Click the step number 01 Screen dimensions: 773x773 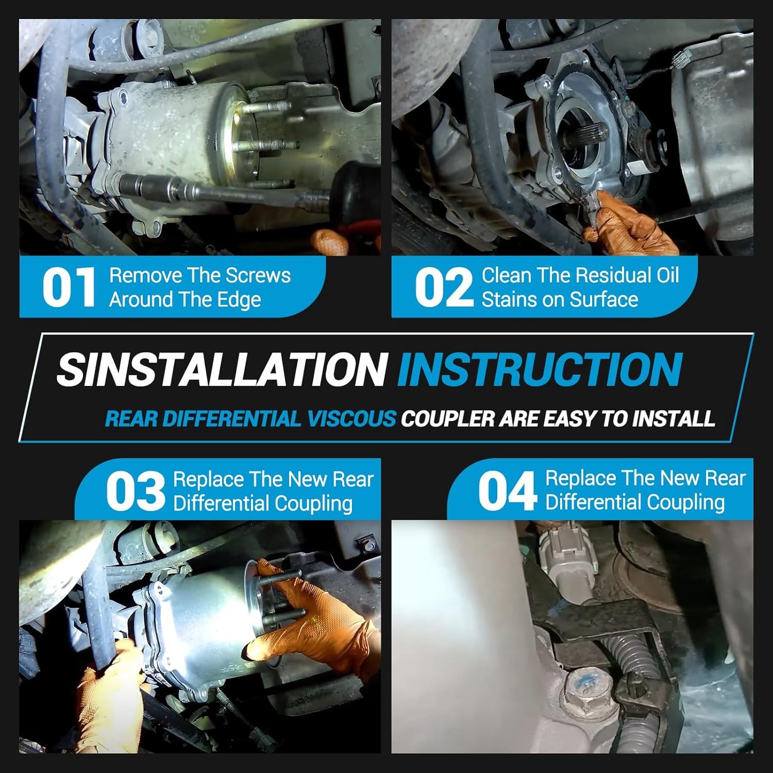click(x=69, y=287)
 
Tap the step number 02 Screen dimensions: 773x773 click(x=444, y=287)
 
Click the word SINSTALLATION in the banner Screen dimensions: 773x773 click(x=222, y=369)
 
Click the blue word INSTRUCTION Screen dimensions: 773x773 click(x=540, y=369)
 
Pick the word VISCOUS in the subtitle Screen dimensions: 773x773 click(x=352, y=418)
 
